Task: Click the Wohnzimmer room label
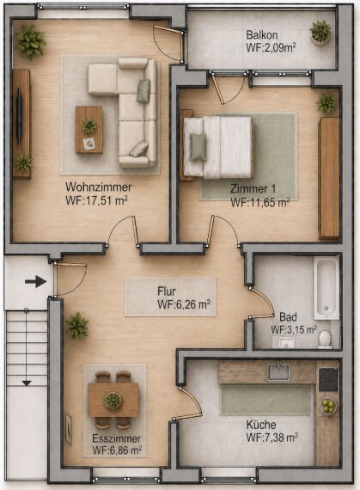coord(98,187)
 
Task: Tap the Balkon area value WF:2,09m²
coord(271,48)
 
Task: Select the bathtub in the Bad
coord(326,288)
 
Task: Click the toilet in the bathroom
coord(325,340)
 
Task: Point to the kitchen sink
coord(278,371)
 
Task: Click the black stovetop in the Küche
coord(328,379)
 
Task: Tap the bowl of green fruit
coord(328,406)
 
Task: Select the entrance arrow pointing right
coord(36,281)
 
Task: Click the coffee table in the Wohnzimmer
coord(89,129)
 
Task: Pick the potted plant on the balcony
coord(320,32)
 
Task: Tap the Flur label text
coord(167,291)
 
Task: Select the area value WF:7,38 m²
coord(272,438)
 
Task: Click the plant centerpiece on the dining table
coord(113,401)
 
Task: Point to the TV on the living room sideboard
coord(19,116)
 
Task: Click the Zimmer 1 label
coord(253,189)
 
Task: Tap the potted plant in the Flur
coord(76,325)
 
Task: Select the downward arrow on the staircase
coord(27,347)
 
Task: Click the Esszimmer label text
coord(116,438)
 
